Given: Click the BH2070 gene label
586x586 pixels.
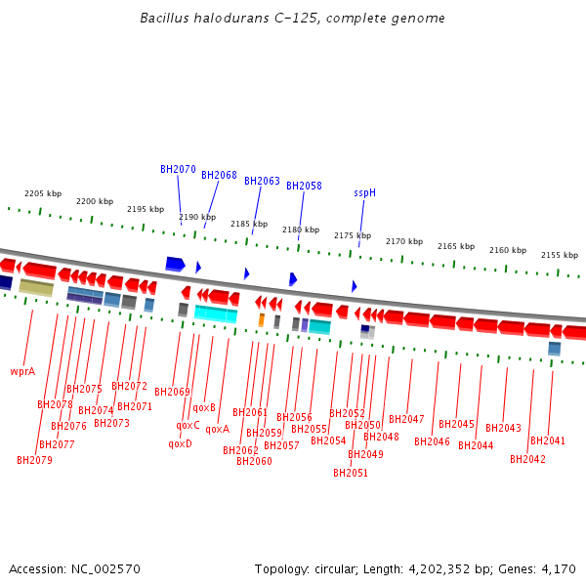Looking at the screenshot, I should [178, 169].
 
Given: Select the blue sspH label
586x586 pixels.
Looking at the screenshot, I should [364, 192].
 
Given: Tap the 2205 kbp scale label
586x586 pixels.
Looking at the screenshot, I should [43, 193].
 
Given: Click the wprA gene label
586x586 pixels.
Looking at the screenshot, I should [22, 371].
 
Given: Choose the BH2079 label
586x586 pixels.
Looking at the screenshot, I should [34, 460].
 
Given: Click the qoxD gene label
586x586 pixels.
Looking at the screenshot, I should [180, 443].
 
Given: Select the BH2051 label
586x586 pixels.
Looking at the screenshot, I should [351, 473].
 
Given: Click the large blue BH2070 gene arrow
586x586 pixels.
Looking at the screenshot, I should [175, 264].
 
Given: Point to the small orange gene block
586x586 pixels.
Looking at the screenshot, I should [261, 319].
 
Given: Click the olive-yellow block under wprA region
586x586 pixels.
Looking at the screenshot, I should [36, 287].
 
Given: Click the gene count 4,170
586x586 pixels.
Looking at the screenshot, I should [558, 568].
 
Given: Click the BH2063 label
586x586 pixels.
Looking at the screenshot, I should [262, 181].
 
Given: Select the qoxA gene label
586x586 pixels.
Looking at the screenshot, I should [218, 429].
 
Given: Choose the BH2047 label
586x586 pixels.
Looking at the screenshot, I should [406, 419].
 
